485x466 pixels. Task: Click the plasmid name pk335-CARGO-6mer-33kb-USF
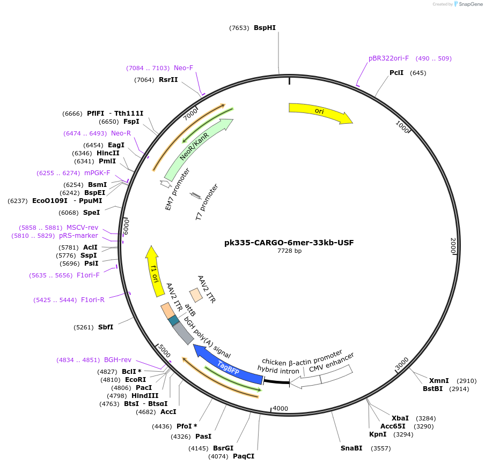pyautogui.click(x=289, y=243)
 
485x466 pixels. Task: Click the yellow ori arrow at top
pyautogui.click(x=320, y=112)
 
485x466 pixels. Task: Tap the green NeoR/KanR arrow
pyautogui.click(x=199, y=149)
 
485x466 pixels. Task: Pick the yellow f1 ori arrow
pyautogui.click(x=155, y=271)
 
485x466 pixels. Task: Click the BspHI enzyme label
pyautogui.click(x=264, y=28)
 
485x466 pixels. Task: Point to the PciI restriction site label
pyautogui.click(x=396, y=73)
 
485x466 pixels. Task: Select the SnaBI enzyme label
pyautogui.click(x=351, y=448)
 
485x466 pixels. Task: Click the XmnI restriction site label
pyautogui.click(x=439, y=381)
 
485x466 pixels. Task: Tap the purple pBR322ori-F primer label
pyautogui.click(x=388, y=58)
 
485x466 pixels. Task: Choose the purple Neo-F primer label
pyautogui.click(x=183, y=68)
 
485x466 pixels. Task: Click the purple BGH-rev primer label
pyautogui.click(x=117, y=360)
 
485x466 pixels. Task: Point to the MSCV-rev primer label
pyautogui.click(x=82, y=227)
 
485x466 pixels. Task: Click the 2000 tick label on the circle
pyautogui.click(x=453, y=246)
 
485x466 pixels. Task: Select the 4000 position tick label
pyautogui.click(x=281, y=408)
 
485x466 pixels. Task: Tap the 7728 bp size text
pyautogui.click(x=289, y=251)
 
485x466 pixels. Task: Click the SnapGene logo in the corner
pyautogui.click(x=468, y=4)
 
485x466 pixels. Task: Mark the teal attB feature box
pyautogui.click(x=174, y=321)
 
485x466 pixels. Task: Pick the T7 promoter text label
pyautogui.click(x=207, y=202)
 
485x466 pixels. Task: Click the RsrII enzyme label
pyautogui.click(x=168, y=80)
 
